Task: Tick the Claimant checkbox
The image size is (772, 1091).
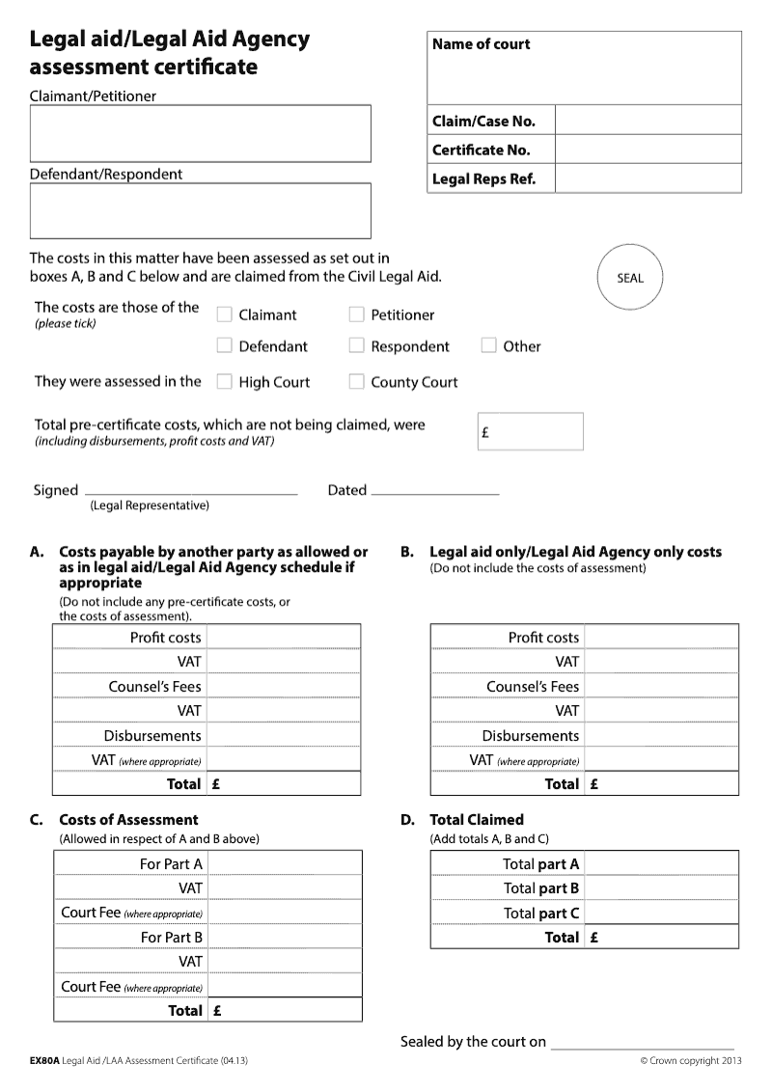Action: click(x=224, y=314)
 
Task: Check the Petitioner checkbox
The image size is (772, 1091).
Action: click(x=356, y=314)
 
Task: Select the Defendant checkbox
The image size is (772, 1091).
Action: click(x=224, y=345)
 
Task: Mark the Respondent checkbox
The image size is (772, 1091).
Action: click(x=356, y=345)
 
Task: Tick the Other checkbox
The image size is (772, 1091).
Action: click(x=488, y=345)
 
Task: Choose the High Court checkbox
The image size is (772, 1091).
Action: click(x=224, y=381)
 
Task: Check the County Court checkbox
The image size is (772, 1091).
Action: click(x=356, y=381)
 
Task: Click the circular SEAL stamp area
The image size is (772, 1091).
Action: click(x=629, y=278)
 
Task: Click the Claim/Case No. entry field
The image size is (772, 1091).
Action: click(x=648, y=121)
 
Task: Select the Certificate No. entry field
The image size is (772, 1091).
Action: click(x=648, y=150)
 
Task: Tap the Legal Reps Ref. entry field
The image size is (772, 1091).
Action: click(x=648, y=178)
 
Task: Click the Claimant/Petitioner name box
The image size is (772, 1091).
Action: click(x=200, y=133)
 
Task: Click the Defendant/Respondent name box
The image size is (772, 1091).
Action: click(x=200, y=210)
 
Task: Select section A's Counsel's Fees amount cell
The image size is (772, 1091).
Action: click(x=283, y=687)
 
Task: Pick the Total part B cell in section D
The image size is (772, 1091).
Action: click(x=661, y=888)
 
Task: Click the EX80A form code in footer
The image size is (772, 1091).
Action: click(x=44, y=1061)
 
